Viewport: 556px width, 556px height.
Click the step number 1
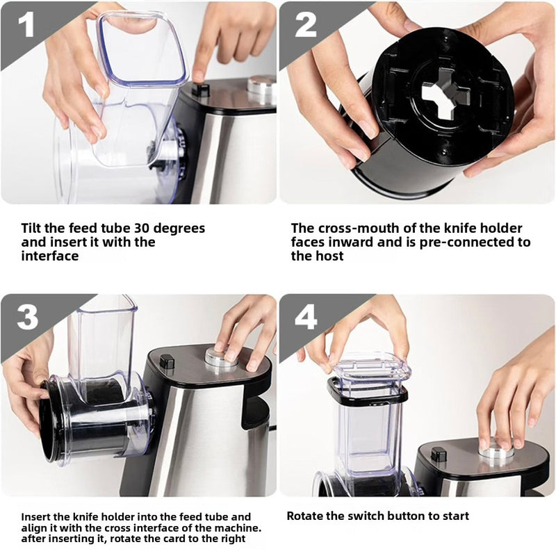[x=26, y=25]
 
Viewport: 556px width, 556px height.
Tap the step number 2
[x=306, y=25]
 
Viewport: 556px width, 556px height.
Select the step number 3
[x=27, y=317]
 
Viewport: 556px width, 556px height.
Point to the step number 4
[x=306, y=317]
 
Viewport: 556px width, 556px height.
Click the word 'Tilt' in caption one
[x=33, y=228]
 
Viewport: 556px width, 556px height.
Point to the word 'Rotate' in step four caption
[x=306, y=516]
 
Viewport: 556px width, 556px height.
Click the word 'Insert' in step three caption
[x=37, y=516]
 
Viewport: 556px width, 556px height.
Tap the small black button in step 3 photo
[x=167, y=361]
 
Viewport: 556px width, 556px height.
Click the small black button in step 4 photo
[x=439, y=455]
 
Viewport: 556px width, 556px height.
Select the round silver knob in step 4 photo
[x=496, y=452]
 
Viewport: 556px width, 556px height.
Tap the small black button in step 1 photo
[x=201, y=89]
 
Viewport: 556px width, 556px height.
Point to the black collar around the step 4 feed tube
[x=368, y=393]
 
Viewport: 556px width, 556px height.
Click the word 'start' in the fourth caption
[x=454, y=516]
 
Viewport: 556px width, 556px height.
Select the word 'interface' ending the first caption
[x=49, y=256]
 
